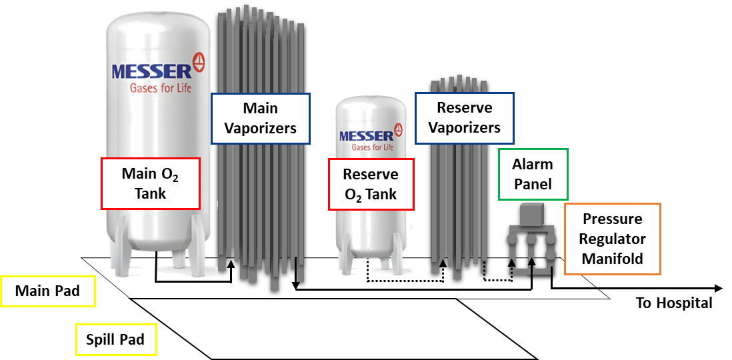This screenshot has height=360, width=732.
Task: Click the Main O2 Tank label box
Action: click(151, 183)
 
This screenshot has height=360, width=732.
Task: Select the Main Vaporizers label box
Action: click(260, 118)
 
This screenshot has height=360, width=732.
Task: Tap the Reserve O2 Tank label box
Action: click(371, 184)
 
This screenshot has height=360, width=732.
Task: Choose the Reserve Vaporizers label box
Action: click(464, 117)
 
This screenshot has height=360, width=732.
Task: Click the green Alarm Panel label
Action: click(533, 174)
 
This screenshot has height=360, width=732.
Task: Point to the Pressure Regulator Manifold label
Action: click(612, 239)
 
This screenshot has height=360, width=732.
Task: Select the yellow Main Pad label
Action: click(47, 291)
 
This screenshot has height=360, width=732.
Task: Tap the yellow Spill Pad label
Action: click(115, 340)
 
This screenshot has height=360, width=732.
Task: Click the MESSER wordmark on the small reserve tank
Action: click(366, 136)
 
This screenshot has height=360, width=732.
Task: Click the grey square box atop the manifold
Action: click(531, 215)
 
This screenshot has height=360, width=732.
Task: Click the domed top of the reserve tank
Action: click(371, 104)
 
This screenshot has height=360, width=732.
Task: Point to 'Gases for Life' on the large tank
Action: click(161, 88)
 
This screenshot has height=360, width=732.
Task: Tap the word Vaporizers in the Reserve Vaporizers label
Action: click(464, 127)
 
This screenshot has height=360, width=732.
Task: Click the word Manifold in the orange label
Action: click(612, 258)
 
